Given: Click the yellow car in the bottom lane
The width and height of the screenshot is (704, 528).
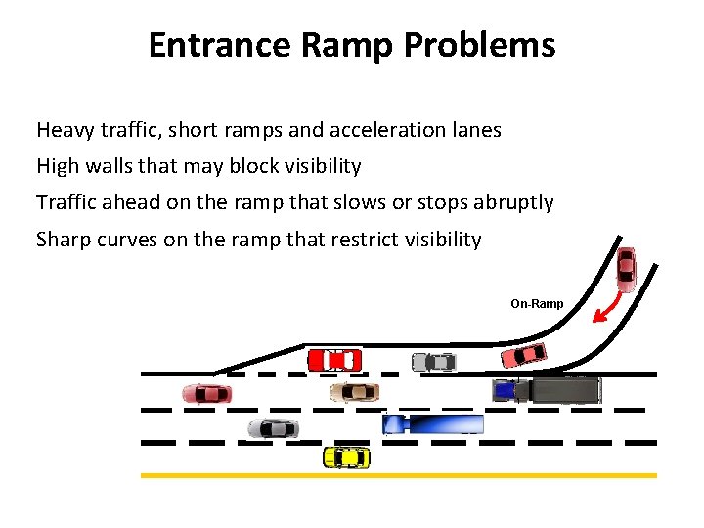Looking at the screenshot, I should tap(346, 457).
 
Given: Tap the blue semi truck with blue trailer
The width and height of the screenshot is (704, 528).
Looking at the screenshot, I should tap(431, 423).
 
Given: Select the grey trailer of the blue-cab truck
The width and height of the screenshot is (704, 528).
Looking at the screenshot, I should tap(558, 390).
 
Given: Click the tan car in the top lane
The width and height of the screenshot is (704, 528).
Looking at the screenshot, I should tap(353, 392).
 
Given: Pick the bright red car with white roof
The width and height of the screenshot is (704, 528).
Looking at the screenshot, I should tap(334, 360).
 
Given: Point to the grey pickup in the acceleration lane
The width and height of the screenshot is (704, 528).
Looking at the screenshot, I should tap(433, 362).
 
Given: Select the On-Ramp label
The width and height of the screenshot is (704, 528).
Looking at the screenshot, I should tap(537, 304).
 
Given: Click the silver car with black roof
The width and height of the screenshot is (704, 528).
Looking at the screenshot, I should tap(273, 428).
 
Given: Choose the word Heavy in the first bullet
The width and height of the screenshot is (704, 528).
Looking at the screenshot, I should tap(64, 129).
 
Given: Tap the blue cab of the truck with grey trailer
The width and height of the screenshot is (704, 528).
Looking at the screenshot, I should tap(505, 390).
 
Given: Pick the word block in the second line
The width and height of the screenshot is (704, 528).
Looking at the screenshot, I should tap(254, 166).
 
